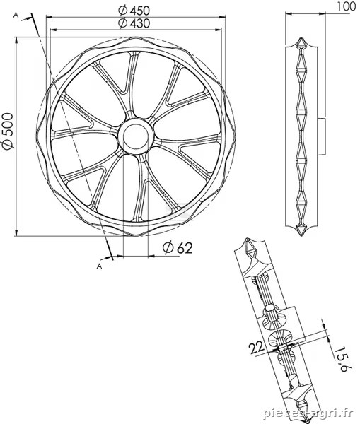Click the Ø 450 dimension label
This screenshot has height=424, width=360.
point(134,11)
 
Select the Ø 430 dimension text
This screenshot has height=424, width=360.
point(134,23)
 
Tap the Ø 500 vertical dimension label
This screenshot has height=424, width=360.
point(8,131)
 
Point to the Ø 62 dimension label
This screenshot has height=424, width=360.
point(178,248)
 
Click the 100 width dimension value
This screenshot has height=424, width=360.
point(347,6)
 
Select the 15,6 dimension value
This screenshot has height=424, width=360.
point(340,359)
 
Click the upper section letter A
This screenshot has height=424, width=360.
point(16,16)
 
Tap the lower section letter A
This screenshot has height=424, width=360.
point(99,266)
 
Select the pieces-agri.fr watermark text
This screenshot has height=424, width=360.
point(308,413)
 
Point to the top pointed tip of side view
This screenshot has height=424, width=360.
point(301,37)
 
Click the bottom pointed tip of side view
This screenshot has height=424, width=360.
point(301,235)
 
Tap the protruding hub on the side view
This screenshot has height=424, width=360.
point(321,136)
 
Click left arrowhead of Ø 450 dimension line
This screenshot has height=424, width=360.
point(50,17)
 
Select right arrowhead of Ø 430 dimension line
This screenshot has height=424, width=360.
point(219,30)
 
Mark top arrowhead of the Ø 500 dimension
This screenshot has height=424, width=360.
point(16,41)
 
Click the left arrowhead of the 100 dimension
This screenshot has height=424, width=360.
point(289,13)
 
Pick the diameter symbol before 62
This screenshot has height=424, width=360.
point(168,248)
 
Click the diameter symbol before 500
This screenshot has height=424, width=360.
point(8,144)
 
